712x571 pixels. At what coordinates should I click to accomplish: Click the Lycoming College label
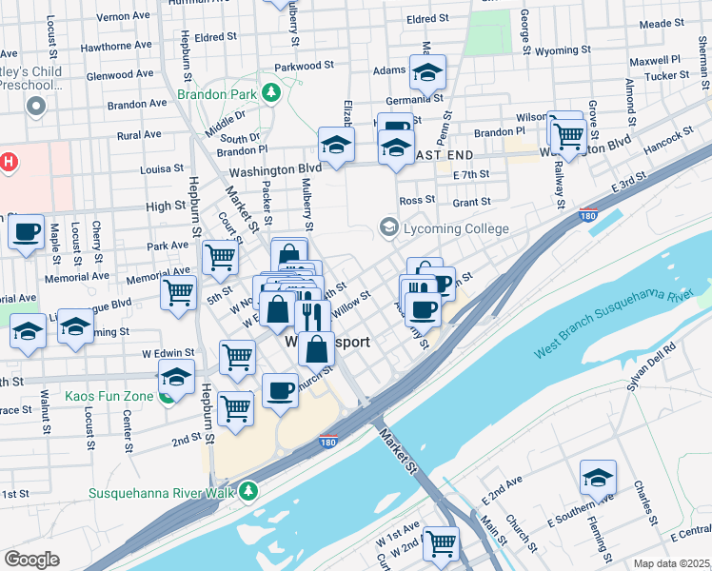click(x=455, y=228)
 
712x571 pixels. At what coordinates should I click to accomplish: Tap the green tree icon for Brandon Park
click(x=271, y=92)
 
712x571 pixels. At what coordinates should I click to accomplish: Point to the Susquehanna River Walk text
click(x=157, y=493)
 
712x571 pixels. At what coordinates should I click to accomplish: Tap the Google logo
click(x=31, y=560)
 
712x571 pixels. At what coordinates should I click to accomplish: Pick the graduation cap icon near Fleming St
click(x=598, y=477)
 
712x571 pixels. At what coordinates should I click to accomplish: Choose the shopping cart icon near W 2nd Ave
click(x=442, y=543)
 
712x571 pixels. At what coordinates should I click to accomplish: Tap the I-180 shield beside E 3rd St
click(x=589, y=216)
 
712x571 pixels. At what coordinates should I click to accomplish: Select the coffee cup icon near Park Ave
click(x=27, y=231)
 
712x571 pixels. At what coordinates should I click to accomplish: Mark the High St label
click(x=167, y=206)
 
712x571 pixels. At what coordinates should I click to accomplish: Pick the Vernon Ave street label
click(x=124, y=17)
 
